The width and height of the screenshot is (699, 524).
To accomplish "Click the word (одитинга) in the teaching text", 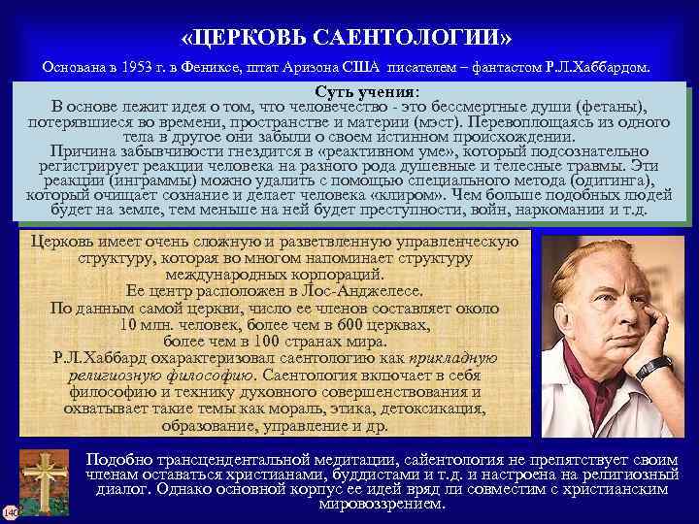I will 608,181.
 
